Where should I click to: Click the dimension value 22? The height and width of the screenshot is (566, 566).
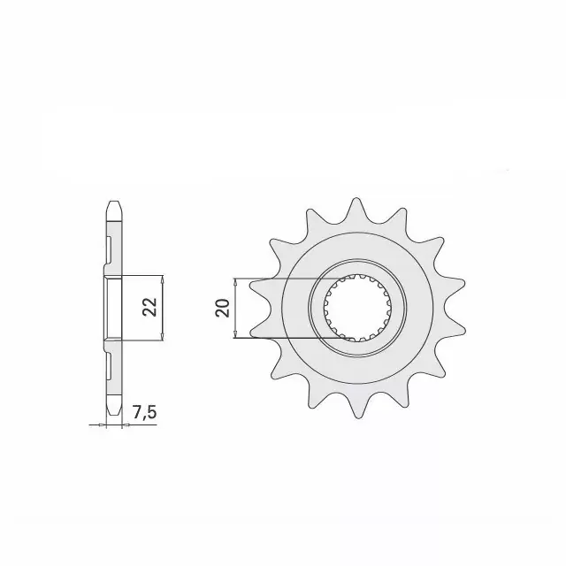tap(151, 307)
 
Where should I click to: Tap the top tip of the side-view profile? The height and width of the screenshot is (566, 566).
tap(112, 201)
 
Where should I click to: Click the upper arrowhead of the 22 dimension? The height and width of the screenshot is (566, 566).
tap(165, 278)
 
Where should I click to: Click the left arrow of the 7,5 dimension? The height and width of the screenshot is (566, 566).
tap(98, 425)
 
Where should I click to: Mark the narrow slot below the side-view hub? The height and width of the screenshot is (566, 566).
tap(110, 365)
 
